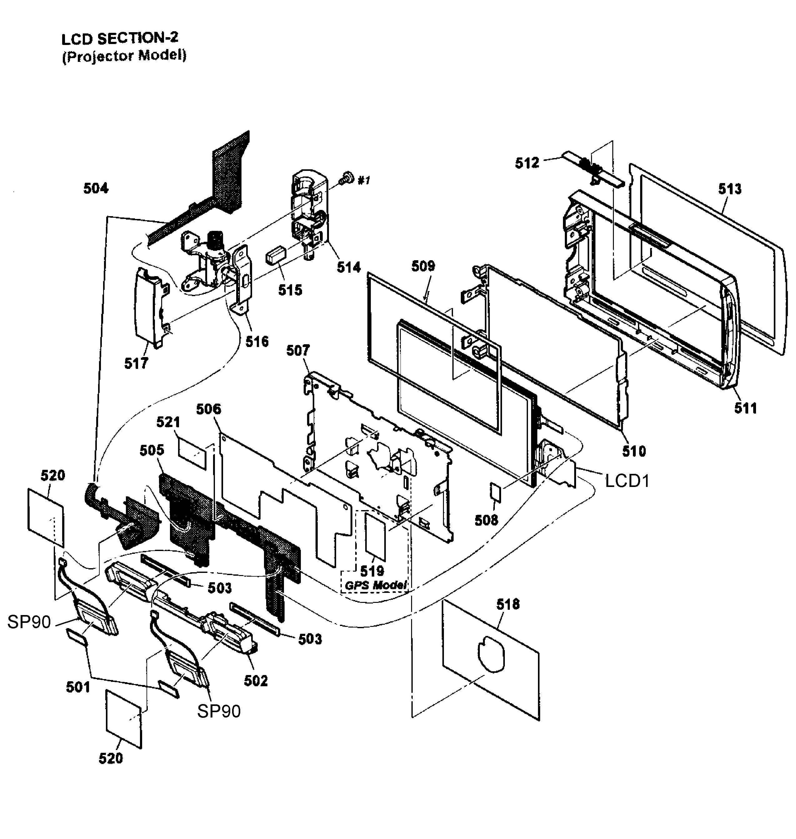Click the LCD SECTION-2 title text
pos(120,39)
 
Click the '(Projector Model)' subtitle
pos(124,56)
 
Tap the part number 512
pos(527,163)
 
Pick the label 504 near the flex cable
pos(96,188)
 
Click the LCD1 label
pos(627,481)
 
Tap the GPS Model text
pos(376,585)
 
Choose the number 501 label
pos(78,687)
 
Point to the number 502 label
pos(256,681)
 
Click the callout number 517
pos(136,363)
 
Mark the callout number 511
pos(745,408)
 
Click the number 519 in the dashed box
pos(372,571)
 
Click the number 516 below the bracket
pos(257,341)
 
